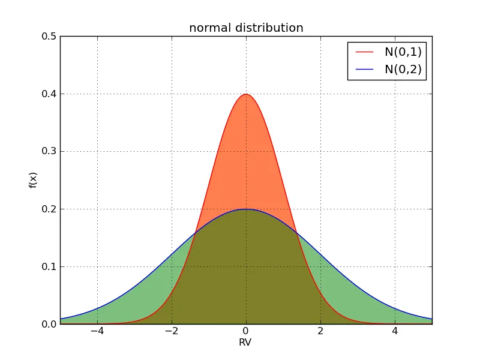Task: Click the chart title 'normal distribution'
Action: (x=246, y=28)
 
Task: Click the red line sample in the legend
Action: (x=364, y=52)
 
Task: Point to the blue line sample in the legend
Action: (x=364, y=70)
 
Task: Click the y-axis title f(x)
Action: (x=33, y=180)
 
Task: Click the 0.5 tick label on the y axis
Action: (x=49, y=37)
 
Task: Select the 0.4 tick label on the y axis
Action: (x=49, y=94)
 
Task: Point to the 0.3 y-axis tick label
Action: (x=49, y=152)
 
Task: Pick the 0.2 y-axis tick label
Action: (x=49, y=209)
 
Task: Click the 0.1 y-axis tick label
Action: (x=49, y=267)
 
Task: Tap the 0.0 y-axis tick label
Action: (x=49, y=325)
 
